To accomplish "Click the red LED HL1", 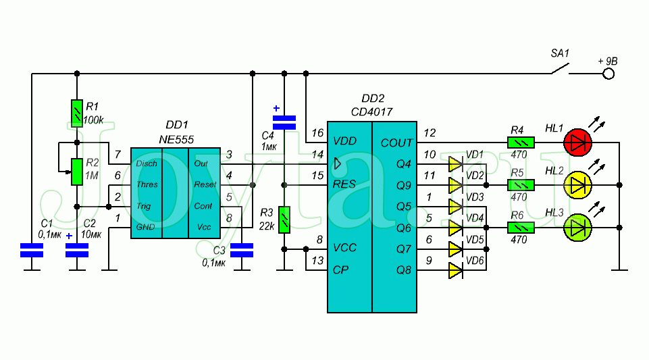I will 578,142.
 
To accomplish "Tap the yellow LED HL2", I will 578,184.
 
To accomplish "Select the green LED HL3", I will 578,228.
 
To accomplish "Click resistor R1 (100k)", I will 77,113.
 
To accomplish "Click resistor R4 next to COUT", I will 521,142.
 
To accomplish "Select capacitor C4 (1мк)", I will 284,122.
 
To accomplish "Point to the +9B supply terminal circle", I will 608,73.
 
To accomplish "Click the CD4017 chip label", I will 371,111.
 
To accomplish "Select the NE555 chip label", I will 176,138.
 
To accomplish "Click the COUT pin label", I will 396,143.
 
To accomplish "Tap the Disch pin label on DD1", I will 147,163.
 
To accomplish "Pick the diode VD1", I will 455,163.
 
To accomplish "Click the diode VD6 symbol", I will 455,272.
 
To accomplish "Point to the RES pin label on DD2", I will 344,184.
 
